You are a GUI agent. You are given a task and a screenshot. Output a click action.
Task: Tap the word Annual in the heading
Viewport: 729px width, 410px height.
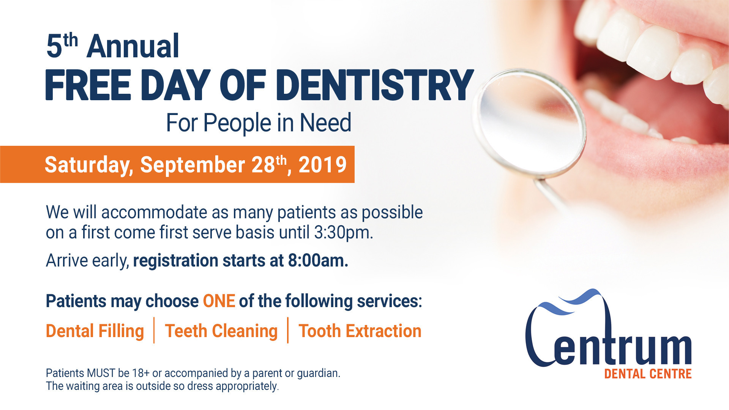tap(133, 46)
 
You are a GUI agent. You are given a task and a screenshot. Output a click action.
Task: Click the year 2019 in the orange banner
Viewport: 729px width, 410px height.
tap(322, 165)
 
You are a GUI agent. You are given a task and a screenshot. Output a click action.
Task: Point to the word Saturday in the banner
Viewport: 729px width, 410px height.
tap(88, 165)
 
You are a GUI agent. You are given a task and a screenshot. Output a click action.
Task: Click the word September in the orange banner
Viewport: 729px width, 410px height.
tap(193, 165)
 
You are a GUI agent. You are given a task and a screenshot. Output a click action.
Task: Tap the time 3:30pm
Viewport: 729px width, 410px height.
tap(343, 232)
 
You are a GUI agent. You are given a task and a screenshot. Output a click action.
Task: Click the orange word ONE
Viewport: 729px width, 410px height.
tap(219, 301)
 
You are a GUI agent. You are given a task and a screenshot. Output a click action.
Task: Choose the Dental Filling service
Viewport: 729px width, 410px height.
tap(95, 331)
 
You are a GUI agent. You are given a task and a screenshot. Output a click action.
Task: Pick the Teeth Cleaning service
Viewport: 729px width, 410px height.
tap(221, 331)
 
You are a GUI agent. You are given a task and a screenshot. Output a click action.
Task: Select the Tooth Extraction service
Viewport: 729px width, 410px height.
tap(360, 331)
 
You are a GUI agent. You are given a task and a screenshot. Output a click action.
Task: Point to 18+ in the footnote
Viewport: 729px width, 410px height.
tap(140, 373)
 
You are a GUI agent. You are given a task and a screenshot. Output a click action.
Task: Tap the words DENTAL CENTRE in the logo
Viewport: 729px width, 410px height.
tap(648, 374)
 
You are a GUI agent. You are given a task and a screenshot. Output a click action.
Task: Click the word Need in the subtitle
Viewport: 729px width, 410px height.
tap(325, 123)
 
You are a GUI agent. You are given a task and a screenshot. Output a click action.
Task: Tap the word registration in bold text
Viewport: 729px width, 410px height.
tap(175, 261)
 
